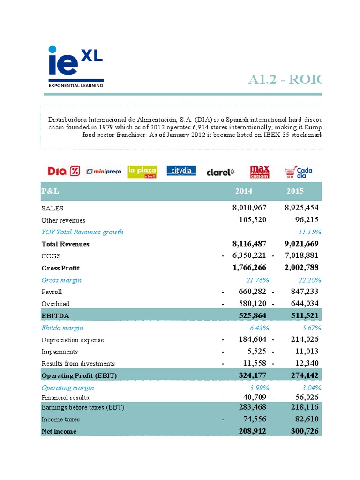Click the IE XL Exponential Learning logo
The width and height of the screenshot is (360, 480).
[x=75, y=67]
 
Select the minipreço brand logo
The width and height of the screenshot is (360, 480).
[x=104, y=172]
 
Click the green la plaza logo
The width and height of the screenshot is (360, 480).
[x=142, y=172]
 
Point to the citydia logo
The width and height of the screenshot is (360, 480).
[x=181, y=171]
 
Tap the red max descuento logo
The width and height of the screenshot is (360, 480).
[x=259, y=172]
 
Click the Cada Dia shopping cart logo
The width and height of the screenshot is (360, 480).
[x=299, y=172]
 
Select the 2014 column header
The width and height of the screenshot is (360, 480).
[x=244, y=191]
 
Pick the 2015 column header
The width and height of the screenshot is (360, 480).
[x=295, y=191]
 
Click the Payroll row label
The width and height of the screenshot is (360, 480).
[x=52, y=292]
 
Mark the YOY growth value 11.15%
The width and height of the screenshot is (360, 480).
[x=309, y=232]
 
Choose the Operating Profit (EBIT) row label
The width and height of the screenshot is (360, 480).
[x=79, y=375]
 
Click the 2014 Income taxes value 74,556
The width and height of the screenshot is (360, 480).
[x=254, y=420]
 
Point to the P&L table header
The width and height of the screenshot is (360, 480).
[x=51, y=191]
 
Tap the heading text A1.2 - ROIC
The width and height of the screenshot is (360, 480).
[x=285, y=80]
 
